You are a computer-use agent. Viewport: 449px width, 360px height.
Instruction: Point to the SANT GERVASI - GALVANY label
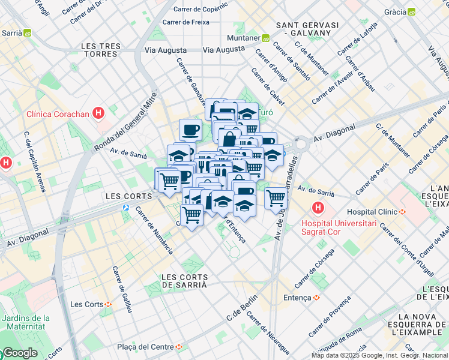tap(307, 29)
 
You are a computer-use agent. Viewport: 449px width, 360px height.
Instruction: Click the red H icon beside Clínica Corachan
tap(99, 113)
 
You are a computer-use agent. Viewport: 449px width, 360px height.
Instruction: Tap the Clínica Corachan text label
tap(58, 113)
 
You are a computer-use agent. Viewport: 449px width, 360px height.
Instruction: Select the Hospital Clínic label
tap(372, 212)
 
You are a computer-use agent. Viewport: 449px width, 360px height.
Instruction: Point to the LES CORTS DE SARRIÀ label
tap(185, 281)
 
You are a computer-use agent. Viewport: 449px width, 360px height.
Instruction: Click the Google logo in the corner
tap(19, 353)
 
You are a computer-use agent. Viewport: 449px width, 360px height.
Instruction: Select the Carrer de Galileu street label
tap(122, 289)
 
